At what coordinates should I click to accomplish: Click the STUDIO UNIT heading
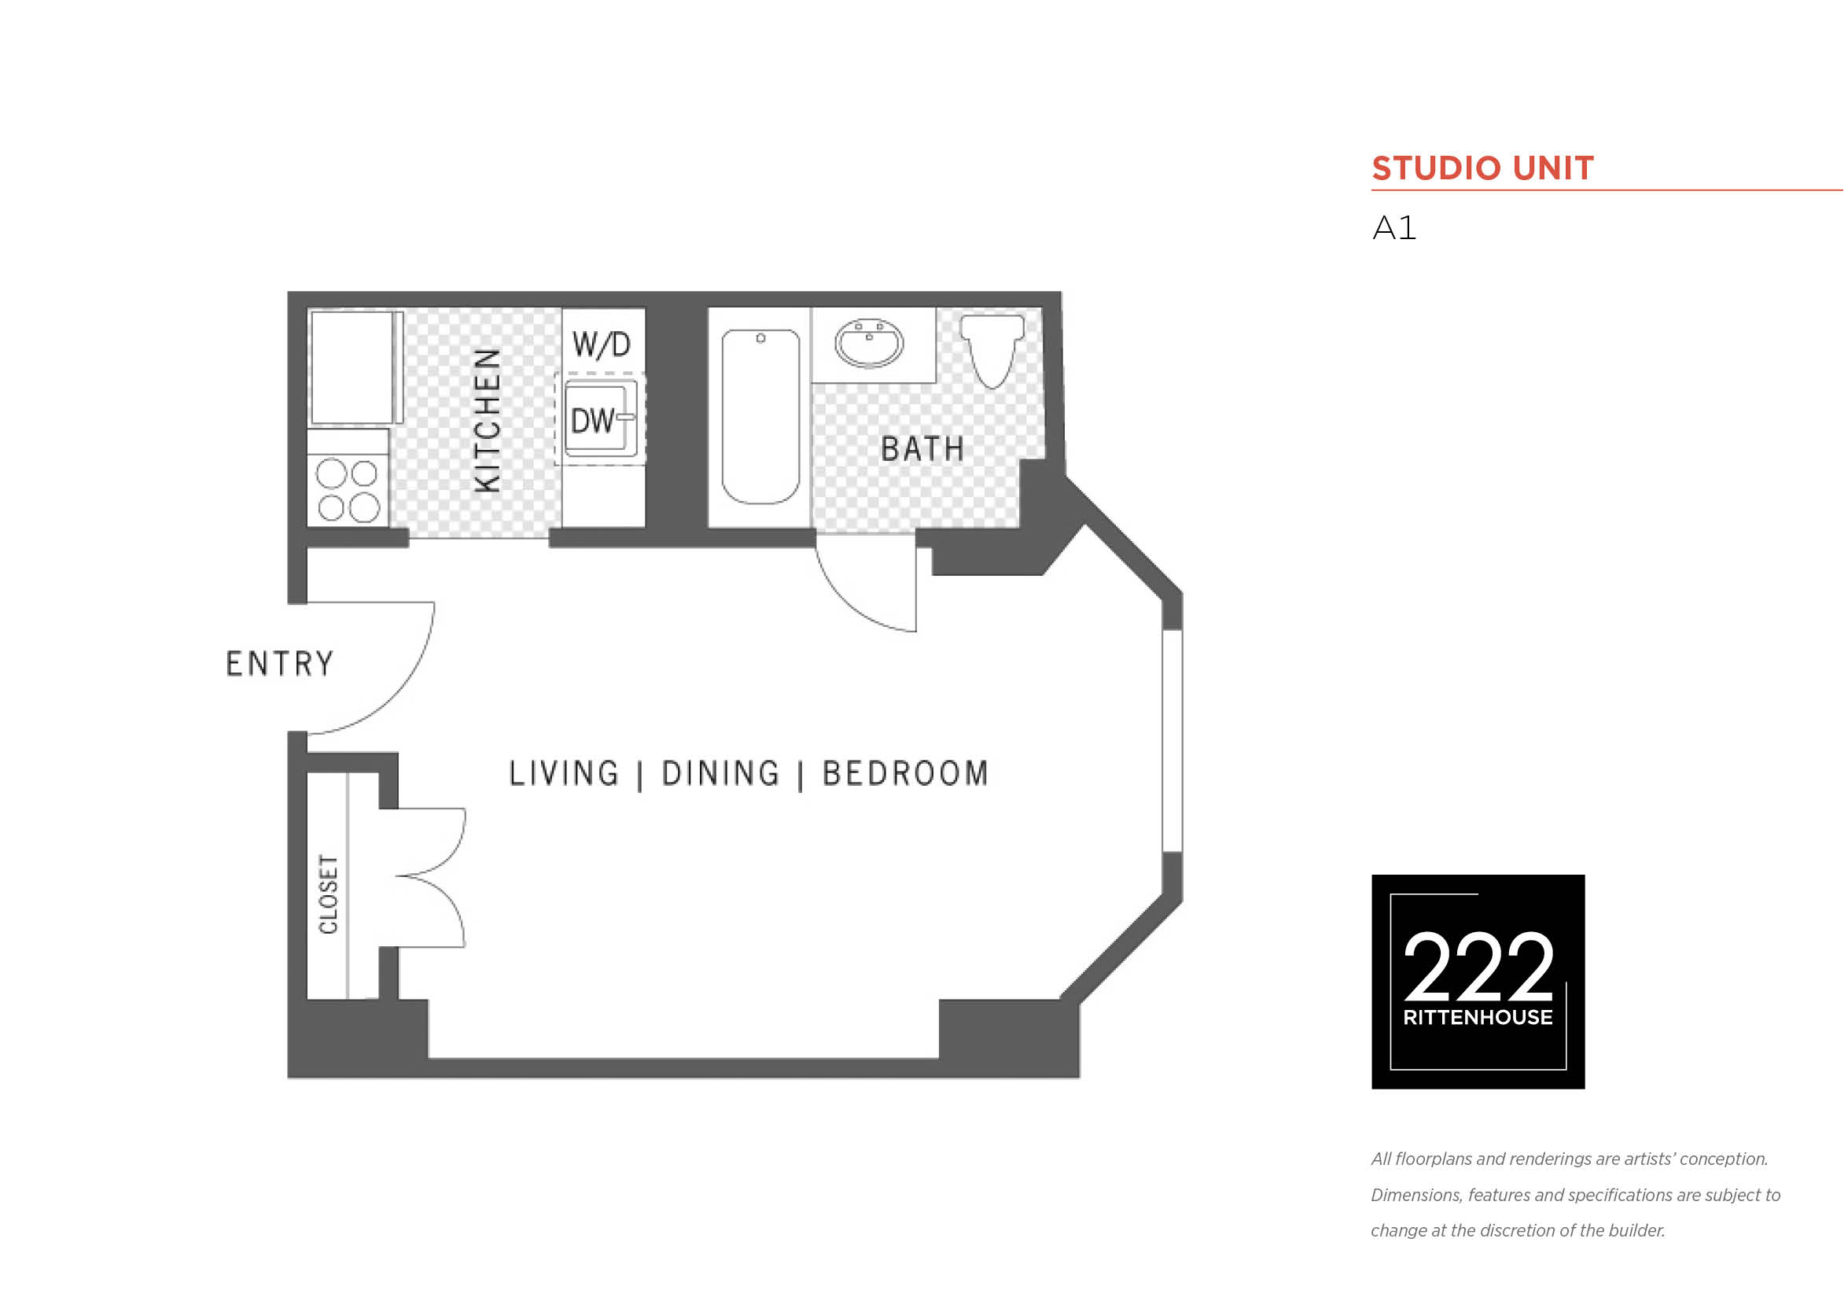click(1482, 168)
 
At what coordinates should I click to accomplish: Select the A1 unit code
click(1394, 228)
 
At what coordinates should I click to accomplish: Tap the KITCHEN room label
click(488, 420)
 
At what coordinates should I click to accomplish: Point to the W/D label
click(602, 345)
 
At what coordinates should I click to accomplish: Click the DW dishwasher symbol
click(601, 419)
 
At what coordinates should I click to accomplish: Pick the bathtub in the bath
click(760, 416)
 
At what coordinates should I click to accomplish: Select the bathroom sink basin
click(869, 344)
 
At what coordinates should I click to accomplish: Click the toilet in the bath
click(992, 350)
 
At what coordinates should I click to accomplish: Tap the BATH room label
click(922, 449)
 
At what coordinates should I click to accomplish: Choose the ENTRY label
click(279, 664)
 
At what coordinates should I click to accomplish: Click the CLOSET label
click(329, 894)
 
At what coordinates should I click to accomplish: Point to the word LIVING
click(564, 774)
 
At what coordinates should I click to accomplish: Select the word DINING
click(721, 774)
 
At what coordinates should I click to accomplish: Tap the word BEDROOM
click(905, 774)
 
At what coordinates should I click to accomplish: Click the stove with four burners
click(348, 489)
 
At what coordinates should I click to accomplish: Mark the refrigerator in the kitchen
click(356, 368)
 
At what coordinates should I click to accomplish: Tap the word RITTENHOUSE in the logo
click(1478, 1018)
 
